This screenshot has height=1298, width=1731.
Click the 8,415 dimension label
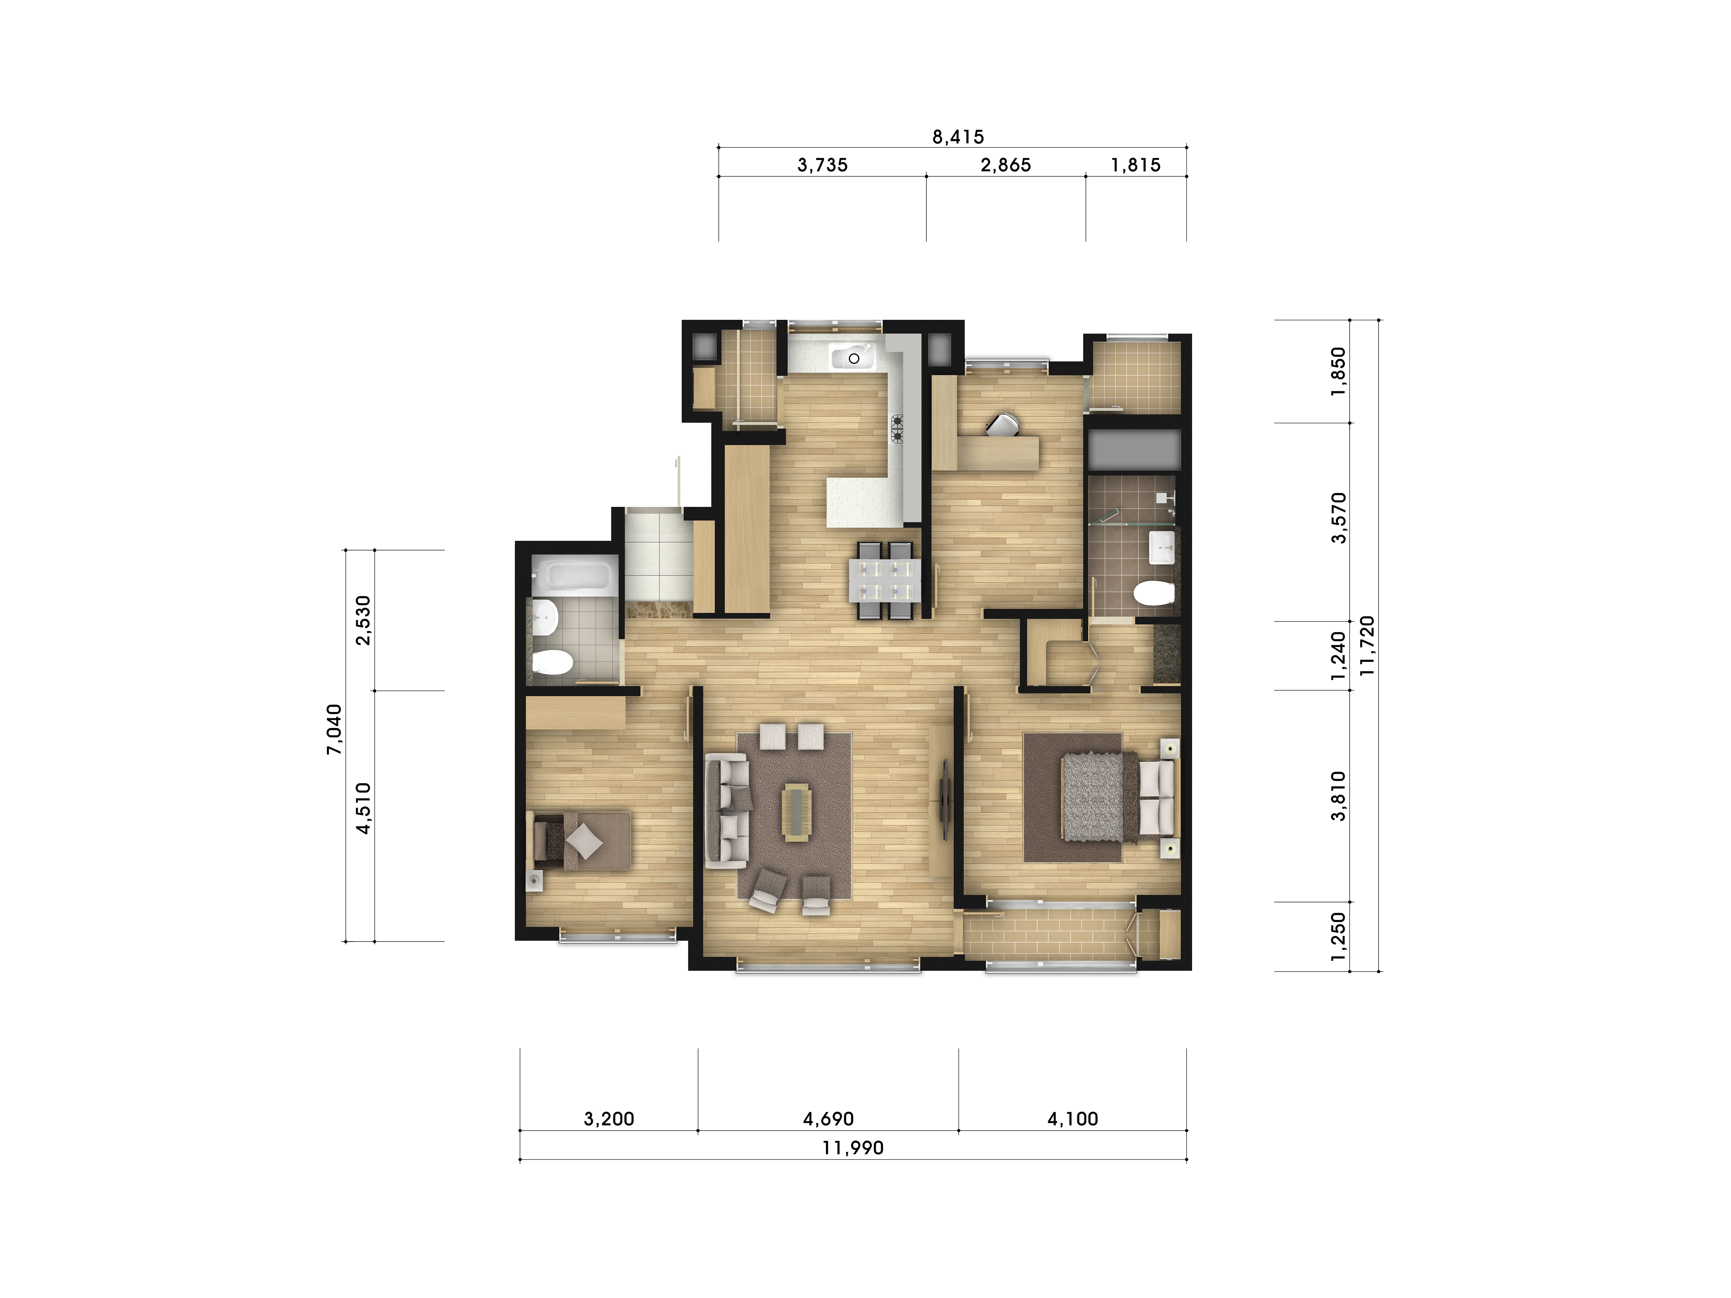958,137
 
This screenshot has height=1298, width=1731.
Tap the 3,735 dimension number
823,165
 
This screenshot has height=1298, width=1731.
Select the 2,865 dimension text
1006,165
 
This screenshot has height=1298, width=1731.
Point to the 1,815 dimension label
1135,165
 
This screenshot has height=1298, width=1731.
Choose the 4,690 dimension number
828,1119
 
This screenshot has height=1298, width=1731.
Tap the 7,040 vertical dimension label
334,729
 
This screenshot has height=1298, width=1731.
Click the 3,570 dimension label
1339,517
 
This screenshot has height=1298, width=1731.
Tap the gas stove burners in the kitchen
897,429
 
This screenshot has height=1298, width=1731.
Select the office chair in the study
1002,425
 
